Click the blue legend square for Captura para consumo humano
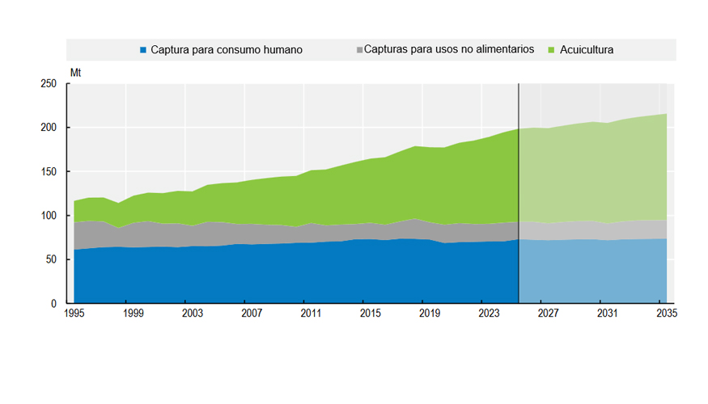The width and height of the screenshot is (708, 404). [143, 50]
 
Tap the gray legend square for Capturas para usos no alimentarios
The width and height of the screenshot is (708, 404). [359, 50]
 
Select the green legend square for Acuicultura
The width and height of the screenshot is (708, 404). [551, 50]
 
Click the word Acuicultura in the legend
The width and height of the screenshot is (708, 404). [587, 49]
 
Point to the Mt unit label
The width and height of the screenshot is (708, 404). [75, 73]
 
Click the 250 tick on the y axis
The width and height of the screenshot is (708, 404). [49, 83]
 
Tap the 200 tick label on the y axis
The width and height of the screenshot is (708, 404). [49, 128]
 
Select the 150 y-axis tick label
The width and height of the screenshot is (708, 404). [49, 172]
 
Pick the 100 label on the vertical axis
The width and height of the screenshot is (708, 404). [49, 216]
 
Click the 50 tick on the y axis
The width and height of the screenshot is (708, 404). [52, 259]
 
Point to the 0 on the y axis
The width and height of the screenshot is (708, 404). [53, 304]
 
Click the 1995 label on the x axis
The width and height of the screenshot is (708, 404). [74, 313]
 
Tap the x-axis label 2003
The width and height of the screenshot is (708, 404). [193, 313]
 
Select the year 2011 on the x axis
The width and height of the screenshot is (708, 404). [311, 313]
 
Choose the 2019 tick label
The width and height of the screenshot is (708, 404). [430, 313]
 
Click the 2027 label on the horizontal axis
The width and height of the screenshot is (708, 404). [548, 313]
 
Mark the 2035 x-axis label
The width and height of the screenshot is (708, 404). [667, 313]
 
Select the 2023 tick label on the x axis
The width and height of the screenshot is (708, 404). [489, 313]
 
